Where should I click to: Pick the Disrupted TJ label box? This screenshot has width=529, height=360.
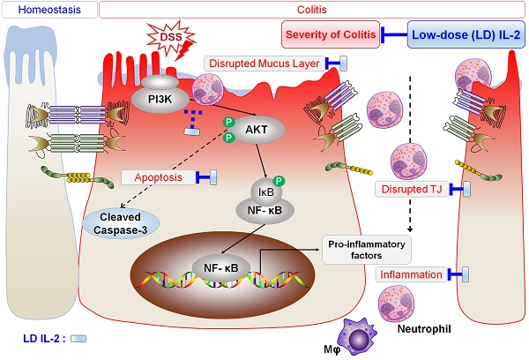[x=412, y=189]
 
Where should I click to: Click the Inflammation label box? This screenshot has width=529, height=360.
[x=412, y=274]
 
